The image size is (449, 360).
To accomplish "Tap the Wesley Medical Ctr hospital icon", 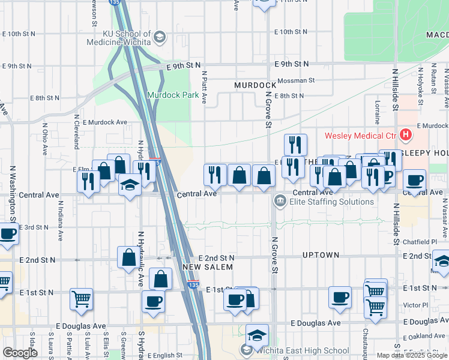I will pos(406,135).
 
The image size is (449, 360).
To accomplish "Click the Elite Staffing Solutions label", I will pos(331,202).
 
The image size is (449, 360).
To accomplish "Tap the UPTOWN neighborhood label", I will pos(321,255).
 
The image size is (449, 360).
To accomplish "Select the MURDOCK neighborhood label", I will pos(255,85).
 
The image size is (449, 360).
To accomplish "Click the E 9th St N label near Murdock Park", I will pos(184,65).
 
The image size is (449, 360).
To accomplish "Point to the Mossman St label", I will pos(294,80).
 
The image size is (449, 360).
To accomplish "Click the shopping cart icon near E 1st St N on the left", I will pos(81,299).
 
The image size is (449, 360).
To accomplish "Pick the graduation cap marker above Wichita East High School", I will pos(257,335).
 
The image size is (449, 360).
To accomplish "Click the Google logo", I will pos(20,353).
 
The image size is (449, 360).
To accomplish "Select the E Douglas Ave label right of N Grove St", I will pos(315,323).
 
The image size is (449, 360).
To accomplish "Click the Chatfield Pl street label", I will pos(425,242).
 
